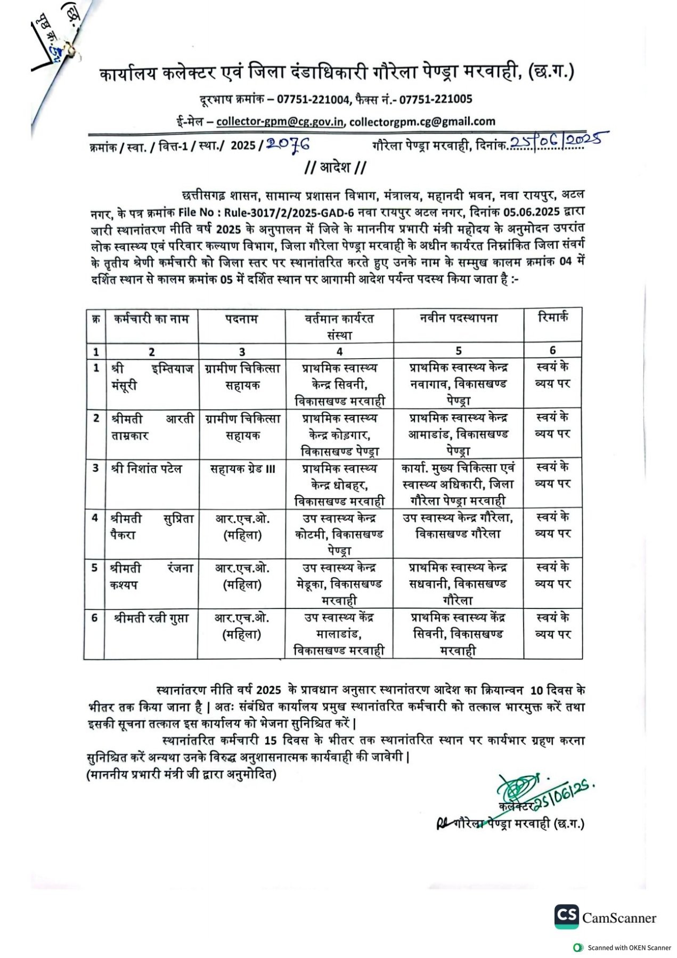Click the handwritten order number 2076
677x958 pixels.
(288, 144)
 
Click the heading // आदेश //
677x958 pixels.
(335, 167)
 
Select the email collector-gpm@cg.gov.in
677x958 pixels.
(280, 121)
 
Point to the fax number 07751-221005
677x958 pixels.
(436, 99)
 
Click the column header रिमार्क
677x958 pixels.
(553, 318)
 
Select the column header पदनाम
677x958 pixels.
(241, 319)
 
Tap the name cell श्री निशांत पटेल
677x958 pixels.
(146, 469)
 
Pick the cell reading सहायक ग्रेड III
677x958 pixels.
(242, 469)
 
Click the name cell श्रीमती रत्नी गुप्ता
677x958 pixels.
(151, 619)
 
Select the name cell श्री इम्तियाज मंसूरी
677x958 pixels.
(152, 377)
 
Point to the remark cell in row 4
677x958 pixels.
(553, 525)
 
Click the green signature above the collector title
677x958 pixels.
(516, 786)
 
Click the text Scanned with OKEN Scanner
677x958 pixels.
(629, 947)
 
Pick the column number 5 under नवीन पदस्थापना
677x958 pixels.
(458, 351)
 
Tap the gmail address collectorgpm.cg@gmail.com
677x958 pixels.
(422, 121)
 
